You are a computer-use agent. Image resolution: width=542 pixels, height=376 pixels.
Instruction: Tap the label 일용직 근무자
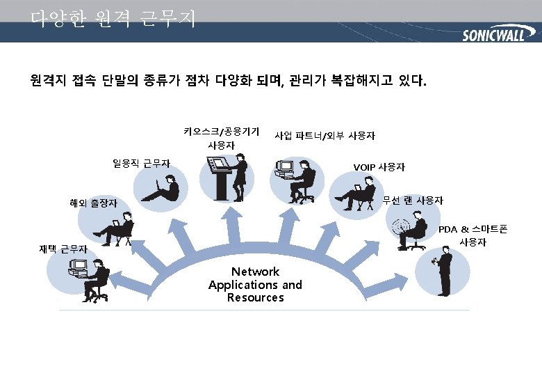pos(141,164)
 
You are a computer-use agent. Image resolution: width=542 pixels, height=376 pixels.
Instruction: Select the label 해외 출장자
pos(93,203)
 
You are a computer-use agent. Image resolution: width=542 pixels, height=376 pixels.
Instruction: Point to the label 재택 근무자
pos(63,249)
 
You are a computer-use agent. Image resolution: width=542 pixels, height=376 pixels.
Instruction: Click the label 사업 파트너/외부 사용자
pos(325,135)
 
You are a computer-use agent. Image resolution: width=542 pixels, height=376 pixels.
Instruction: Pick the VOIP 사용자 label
pos(379,167)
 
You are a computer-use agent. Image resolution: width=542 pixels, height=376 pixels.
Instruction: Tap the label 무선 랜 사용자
pos(413,201)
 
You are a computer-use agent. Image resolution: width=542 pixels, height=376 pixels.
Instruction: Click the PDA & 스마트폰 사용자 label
pos(472,235)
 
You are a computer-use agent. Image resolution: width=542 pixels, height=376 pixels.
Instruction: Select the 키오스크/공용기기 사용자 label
pos(221,138)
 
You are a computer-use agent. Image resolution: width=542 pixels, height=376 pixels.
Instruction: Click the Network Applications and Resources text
pos(255,284)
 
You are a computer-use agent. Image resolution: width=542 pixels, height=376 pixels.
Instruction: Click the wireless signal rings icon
pos(399,227)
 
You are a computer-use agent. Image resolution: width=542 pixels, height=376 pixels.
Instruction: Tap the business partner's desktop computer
pos(285,168)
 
